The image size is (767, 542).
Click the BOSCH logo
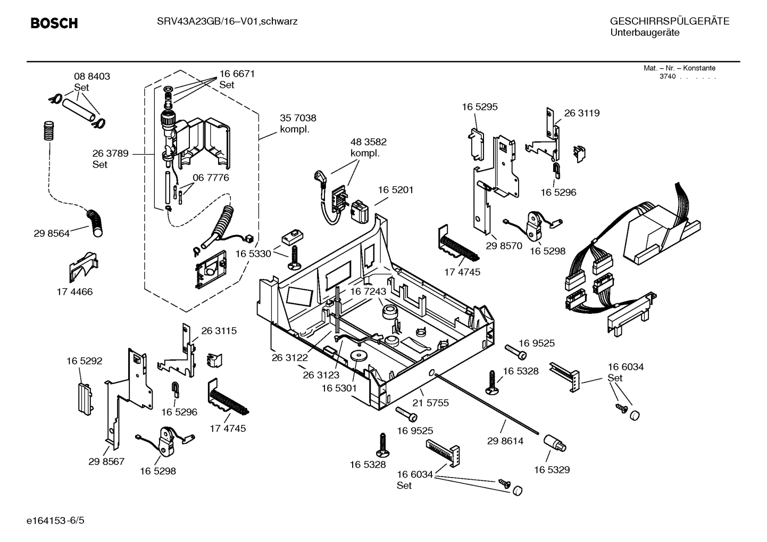coord(54,23)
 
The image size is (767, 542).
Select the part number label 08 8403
coord(91,77)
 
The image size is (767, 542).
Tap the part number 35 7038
coord(298,118)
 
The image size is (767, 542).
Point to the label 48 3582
coord(368,142)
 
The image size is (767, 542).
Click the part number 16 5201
coord(395,190)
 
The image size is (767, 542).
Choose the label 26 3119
coord(581,113)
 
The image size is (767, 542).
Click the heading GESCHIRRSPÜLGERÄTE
coord(669,21)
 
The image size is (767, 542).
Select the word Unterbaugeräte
coord(644,33)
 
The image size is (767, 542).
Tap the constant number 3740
coord(667,77)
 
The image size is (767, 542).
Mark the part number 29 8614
coord(505,441)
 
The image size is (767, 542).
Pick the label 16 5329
coord(552,470)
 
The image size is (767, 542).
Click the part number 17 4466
coord(74,291)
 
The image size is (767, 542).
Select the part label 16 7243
coord(368,292)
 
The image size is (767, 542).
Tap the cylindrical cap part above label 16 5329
coord(555,443)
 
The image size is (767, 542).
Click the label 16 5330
coord(253,254)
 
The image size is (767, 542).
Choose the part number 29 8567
coord(106,461)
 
